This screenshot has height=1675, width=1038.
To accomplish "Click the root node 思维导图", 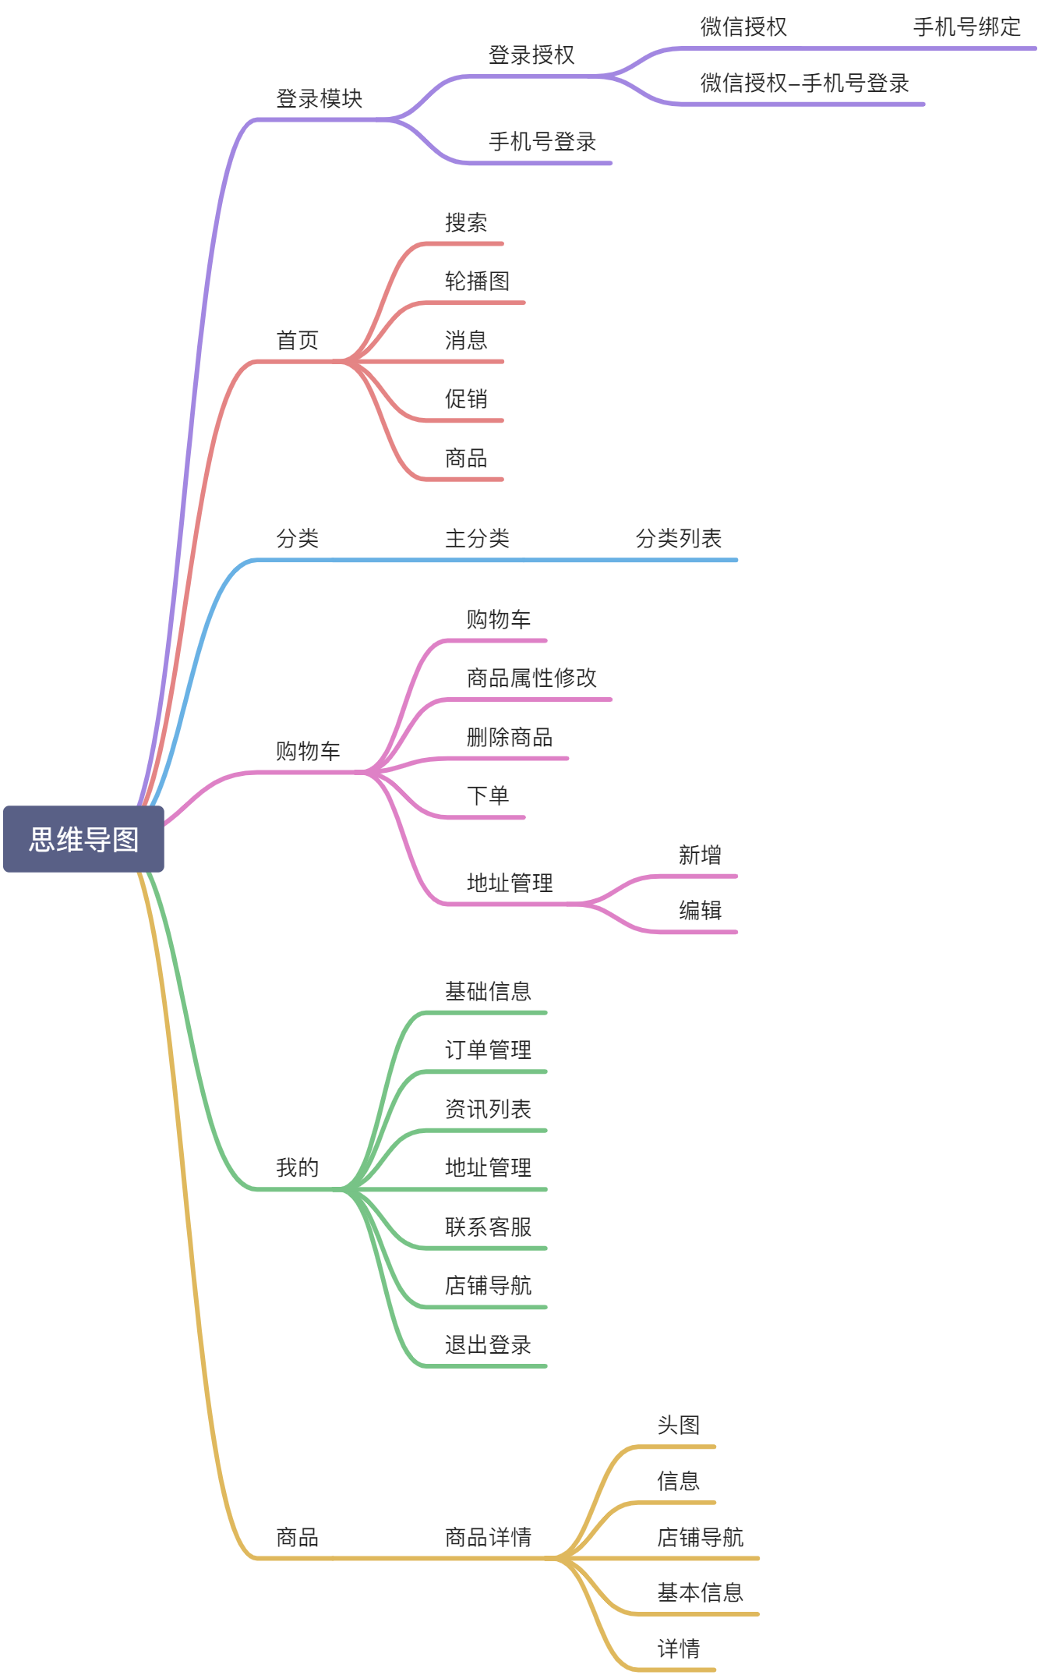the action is pyautogui.click(x=83, y=839).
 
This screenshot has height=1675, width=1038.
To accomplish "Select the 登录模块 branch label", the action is pyautogui.click(x=320, y=99).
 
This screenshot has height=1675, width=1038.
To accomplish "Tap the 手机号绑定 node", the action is pyautogui.click(x=966, y=27).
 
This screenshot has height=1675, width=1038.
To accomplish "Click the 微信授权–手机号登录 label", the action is pyautogui.click(x=804, y=83).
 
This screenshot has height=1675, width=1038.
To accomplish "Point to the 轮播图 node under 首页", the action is pyautogui.click(x=477, y=282).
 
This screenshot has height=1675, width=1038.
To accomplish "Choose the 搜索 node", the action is pyautogui.click(x=466, y=223).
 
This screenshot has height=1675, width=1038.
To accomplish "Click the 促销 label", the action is pyautogui.click(x=466, y=399).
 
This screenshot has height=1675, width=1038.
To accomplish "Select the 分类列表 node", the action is pyautogui.click(x=678, y=539).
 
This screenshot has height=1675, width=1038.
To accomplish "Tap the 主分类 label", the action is pyautogui.click(x=477, y=539).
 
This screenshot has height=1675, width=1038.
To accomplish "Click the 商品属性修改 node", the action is pyautogui.click(x=531, y=678).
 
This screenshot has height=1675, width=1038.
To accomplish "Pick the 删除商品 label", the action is pyautogui.click(x=510, y=738).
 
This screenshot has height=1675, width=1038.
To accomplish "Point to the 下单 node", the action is pyautogui.click(x=488, y=796).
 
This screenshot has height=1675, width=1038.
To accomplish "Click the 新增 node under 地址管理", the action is pyautogui.click(x=700, y=855).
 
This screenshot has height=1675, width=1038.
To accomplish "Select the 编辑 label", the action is pyautogui.click(x=700, y=911).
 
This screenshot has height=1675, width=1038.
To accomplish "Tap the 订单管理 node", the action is pyautogui.click(x=488, y=1050).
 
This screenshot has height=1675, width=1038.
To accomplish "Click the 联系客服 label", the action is pyautogui.click(x=488, y=1227).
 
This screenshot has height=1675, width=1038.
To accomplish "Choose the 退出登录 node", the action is pyautogui.click(x=488, y=1345).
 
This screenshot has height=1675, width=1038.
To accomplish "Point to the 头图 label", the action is pyautogui.click(x=678, y=1425).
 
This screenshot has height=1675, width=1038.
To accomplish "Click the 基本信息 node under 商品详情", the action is pyautogui.click(x=700, y=1593).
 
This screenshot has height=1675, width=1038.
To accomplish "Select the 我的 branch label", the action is pyautogui.click(x=298, y=1168).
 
